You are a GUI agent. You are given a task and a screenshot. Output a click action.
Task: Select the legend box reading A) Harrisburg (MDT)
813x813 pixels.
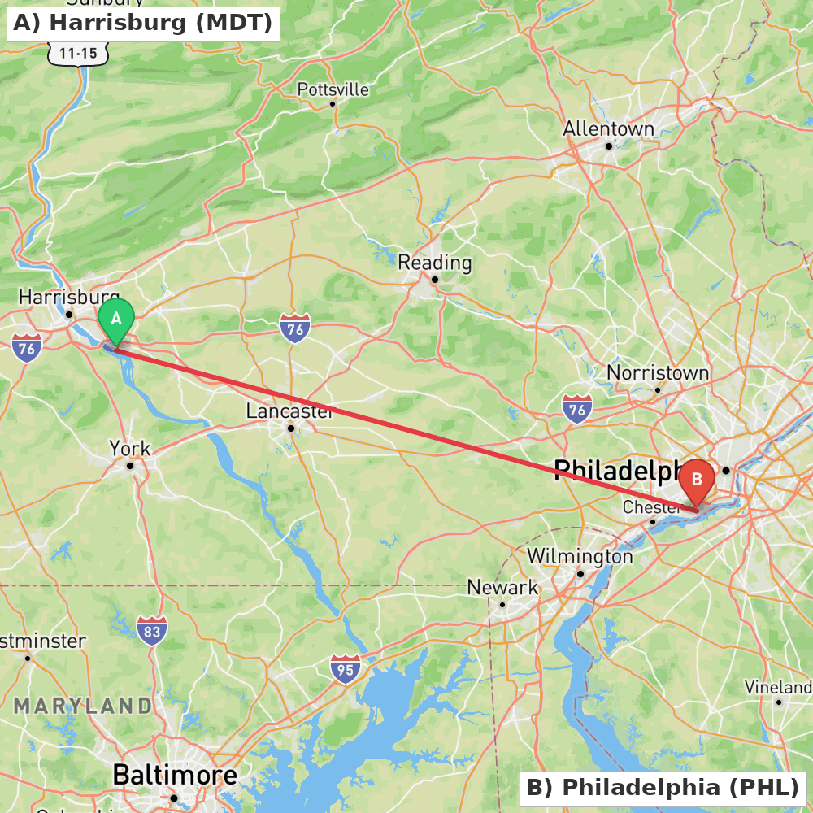143,23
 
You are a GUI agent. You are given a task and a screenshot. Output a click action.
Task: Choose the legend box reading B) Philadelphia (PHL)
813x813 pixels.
663,787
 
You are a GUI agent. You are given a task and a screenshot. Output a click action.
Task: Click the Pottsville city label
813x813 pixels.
333,89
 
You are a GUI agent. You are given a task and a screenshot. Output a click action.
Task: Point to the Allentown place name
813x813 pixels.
608,129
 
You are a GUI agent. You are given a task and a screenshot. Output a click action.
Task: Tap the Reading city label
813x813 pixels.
434,263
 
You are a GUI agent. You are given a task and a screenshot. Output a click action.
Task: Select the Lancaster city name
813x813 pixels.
289,411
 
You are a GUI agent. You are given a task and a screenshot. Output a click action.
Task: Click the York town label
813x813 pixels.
130,449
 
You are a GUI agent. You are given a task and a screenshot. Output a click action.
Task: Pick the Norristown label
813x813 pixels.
658,373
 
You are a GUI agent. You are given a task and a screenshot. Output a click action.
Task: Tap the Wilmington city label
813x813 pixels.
580,557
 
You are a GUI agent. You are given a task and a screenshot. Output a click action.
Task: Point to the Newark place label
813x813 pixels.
502,587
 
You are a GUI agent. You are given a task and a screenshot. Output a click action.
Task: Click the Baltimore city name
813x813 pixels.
175,775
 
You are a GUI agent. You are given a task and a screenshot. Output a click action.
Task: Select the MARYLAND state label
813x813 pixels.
82,705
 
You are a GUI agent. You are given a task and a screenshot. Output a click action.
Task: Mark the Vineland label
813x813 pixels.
778,688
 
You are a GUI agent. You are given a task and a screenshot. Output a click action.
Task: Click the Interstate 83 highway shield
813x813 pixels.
152,630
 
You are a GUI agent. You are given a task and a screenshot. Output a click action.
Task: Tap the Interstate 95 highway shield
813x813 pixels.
346,668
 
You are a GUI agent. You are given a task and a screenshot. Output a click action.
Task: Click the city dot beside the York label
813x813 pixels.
130,466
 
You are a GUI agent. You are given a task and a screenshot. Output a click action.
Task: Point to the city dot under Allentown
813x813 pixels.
608,146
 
